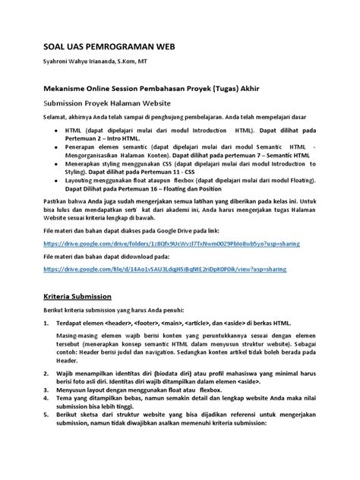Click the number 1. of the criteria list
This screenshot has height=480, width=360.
tap(47, 324)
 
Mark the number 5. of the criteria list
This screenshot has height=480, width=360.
tap(47, 440)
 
